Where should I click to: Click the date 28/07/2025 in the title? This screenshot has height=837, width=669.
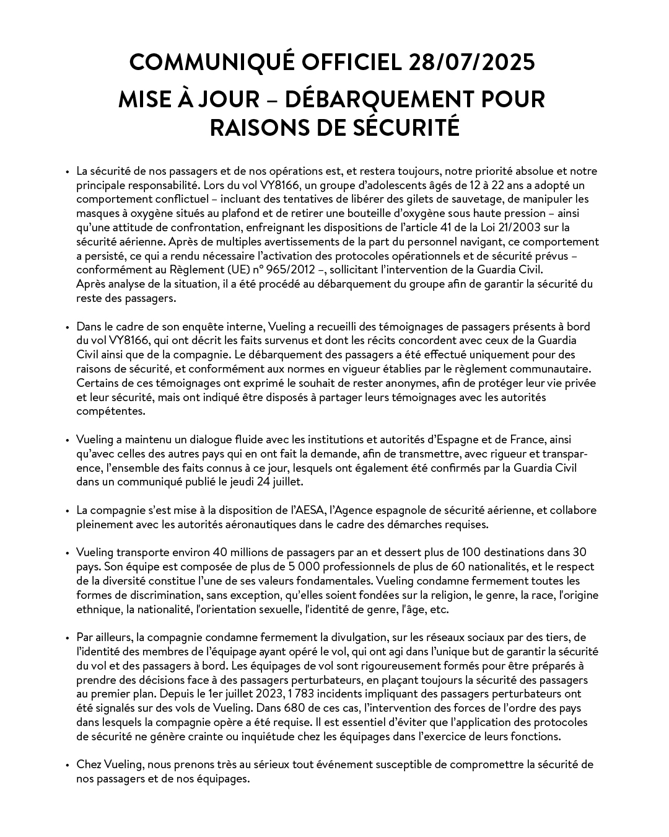[471, 62]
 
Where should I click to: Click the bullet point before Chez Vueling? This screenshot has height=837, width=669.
[67, 765]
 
